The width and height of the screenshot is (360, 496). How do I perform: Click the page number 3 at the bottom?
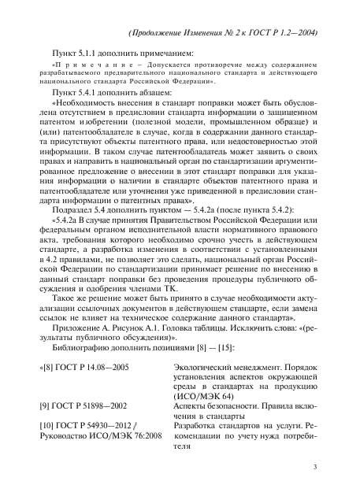314,468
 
